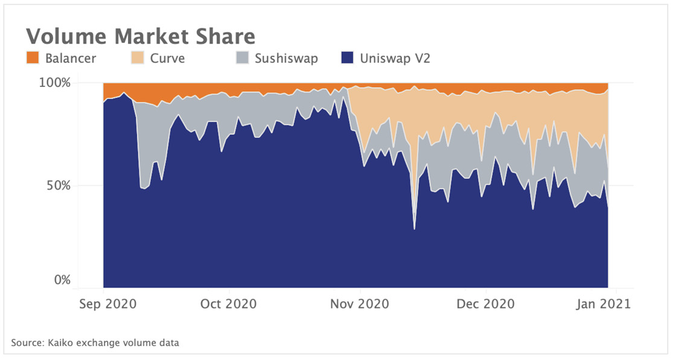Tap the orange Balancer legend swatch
pos(33,59)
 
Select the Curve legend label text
pos(167,59)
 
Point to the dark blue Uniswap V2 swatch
pos(347,59)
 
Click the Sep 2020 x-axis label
pos(104,303)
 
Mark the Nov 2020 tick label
pos(360,303)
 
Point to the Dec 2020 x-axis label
pos(486,303)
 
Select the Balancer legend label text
pos(71,59)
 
